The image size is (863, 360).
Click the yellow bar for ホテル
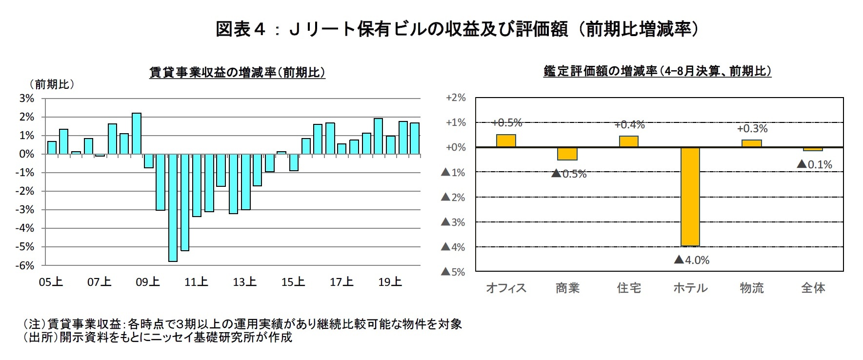[690, 196]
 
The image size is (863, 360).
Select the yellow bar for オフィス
[506, 140]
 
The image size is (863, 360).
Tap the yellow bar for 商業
[567, 154]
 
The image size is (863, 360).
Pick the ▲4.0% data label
[691, 260]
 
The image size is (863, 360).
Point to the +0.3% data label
[752, 129]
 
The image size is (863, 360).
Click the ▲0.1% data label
[814, 164]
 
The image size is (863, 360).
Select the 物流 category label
[751, 288]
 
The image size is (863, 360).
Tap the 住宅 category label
[628, 288]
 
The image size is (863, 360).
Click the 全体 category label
[813, 288]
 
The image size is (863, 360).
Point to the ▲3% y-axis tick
[453, 222]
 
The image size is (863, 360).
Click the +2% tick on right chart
[456, 98]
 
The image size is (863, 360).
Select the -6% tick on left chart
[26, 265]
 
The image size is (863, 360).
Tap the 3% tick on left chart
[27, 98]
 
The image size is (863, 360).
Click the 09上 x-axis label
[148, 282]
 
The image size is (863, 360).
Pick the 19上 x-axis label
[390, 282]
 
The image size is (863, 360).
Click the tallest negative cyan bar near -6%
[173, 208]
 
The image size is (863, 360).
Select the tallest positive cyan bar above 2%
[137, 133]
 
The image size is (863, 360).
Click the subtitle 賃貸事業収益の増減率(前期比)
[237, 73]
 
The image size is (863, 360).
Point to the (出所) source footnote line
[158, 337]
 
